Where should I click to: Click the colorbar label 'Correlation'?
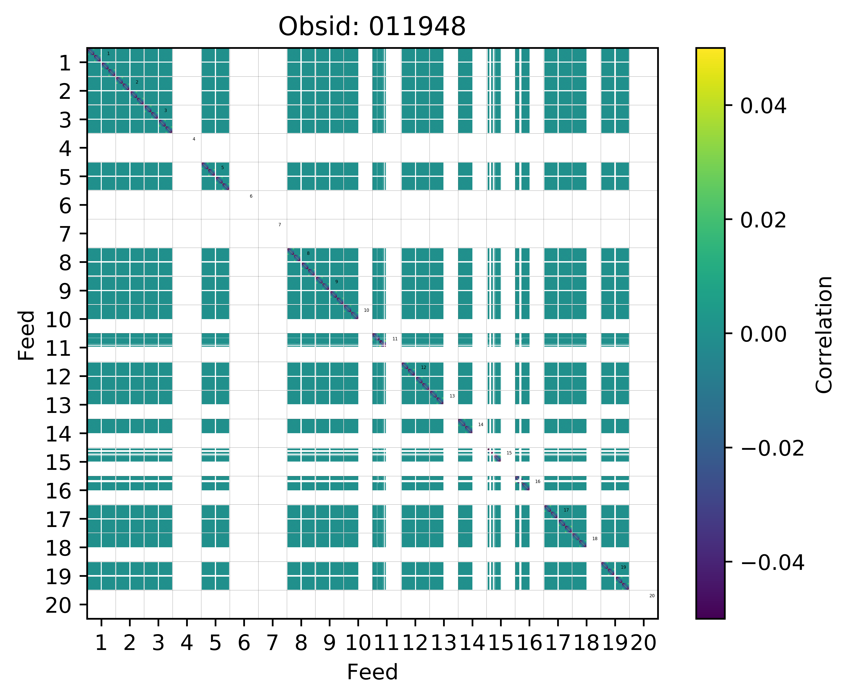(x=824, y=334)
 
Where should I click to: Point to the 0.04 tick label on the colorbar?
(x=763, y=106)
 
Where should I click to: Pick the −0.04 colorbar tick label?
(x=772, y=563)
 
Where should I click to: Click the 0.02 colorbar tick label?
(x=763, y=220)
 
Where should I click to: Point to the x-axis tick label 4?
(x=186, y=643)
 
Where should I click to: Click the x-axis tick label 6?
(x=244, y=643)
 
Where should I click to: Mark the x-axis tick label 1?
(x=101, y=643)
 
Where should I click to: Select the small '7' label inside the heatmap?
(x=280, y=225)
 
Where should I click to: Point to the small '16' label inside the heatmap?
(x=537, y=482)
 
